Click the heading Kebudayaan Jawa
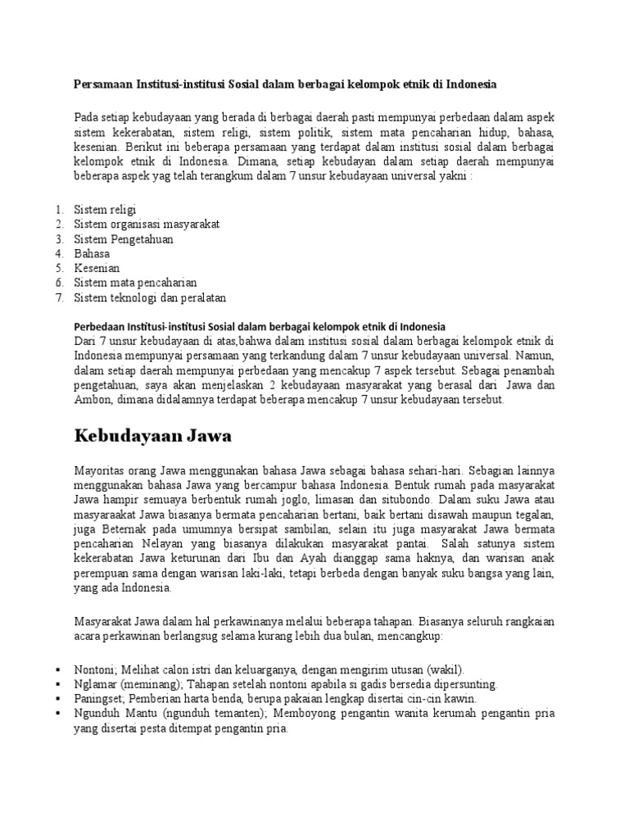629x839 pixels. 153,436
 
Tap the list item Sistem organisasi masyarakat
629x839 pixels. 147,224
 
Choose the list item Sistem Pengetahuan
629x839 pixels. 124,238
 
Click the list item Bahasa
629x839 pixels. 92,253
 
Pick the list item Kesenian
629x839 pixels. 97,268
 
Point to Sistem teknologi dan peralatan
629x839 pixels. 150,297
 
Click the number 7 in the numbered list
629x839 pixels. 59,297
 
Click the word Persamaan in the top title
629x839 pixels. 104,84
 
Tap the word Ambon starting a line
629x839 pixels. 90,400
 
